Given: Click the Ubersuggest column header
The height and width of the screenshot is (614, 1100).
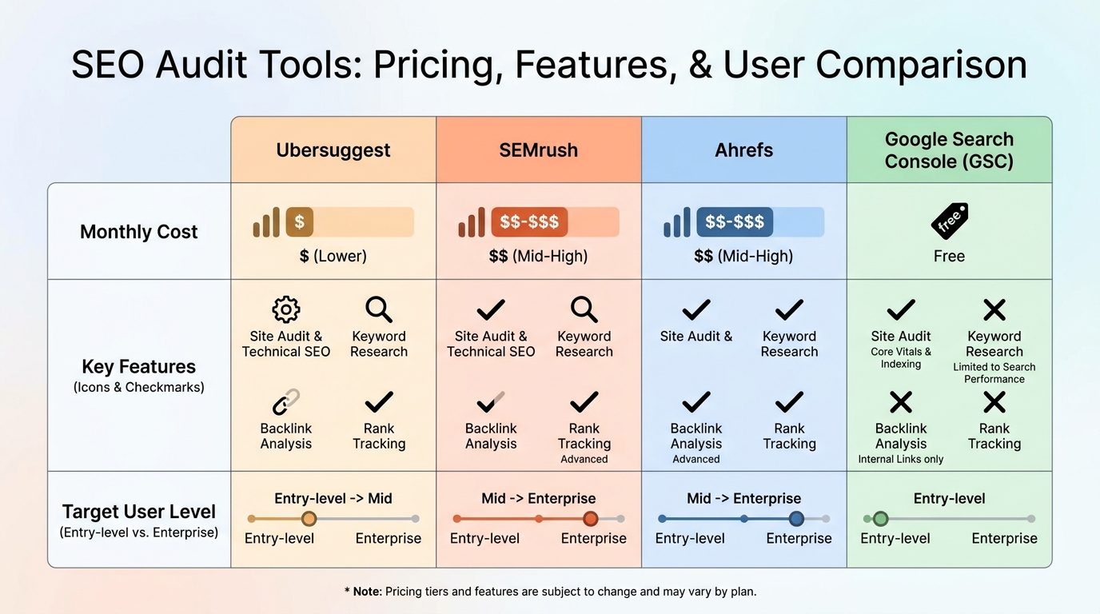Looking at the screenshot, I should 333,150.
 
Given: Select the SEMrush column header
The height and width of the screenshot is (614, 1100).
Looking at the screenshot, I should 538,150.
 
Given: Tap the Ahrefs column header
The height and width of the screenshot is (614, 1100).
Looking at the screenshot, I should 743,150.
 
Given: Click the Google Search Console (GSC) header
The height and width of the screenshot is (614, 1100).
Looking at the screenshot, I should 949,150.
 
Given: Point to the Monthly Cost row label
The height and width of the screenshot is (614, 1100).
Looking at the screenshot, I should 138,232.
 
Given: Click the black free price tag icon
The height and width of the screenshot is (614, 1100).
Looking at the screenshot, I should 949,221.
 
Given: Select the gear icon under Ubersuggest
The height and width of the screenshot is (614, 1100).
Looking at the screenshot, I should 285,309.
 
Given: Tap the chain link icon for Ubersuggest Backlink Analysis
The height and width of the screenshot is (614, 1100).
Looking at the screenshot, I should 285,401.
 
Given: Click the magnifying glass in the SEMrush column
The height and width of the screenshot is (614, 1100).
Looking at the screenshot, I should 584,309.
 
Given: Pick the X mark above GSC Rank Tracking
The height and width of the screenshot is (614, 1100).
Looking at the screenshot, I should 994,401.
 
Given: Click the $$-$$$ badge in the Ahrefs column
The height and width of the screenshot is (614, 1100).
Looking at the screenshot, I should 734,221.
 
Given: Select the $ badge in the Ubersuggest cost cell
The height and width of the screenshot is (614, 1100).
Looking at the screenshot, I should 299,221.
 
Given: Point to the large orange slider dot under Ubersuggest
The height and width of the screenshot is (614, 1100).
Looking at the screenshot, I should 309,519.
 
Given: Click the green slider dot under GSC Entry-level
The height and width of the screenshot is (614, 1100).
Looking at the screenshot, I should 880,519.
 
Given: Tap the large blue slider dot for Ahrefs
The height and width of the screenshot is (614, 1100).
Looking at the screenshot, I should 796,519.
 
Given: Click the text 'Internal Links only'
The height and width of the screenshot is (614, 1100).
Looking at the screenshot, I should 901,460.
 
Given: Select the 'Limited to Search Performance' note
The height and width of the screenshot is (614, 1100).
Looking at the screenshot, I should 994,373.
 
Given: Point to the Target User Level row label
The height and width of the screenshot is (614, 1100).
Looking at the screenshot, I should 138,512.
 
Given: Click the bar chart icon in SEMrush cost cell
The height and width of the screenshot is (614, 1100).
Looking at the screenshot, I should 472,223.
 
